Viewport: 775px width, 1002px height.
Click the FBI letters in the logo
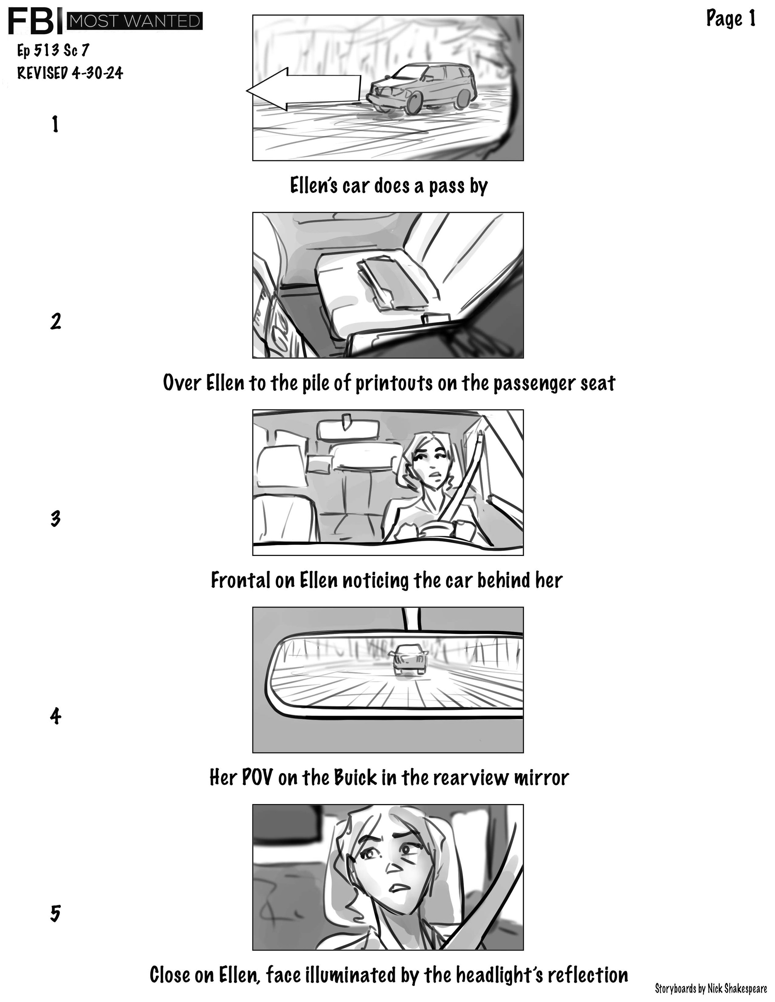coord(35,22)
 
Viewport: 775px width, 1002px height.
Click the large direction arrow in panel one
coord(303,89)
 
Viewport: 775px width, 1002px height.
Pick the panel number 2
coord(55,321)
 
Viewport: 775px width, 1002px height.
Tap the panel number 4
coord(55,716)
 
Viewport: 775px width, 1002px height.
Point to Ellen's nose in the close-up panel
coord(394,866)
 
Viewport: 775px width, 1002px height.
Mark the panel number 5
coord(55,913)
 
